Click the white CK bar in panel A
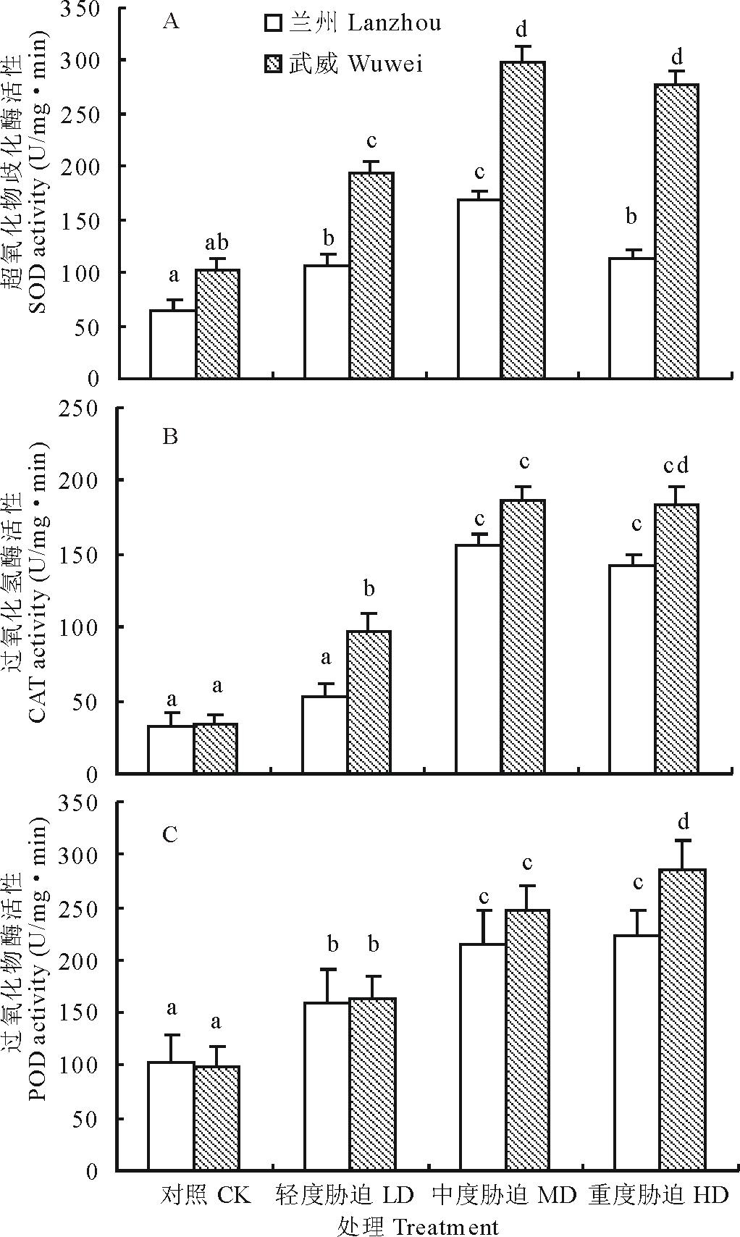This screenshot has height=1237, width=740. coord(172,344)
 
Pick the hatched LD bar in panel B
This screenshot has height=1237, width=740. coord(369,702)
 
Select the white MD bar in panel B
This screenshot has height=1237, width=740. coord(478,659)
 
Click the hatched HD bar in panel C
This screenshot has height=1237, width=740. coord(682,1019)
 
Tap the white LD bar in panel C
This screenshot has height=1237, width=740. coord(327,1086)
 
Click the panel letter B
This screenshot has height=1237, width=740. coord(171,438)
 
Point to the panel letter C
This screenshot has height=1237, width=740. coord(170,835)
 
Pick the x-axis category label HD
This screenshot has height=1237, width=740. coord(710,1195)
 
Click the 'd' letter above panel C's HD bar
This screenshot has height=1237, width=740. coord(682,822)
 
